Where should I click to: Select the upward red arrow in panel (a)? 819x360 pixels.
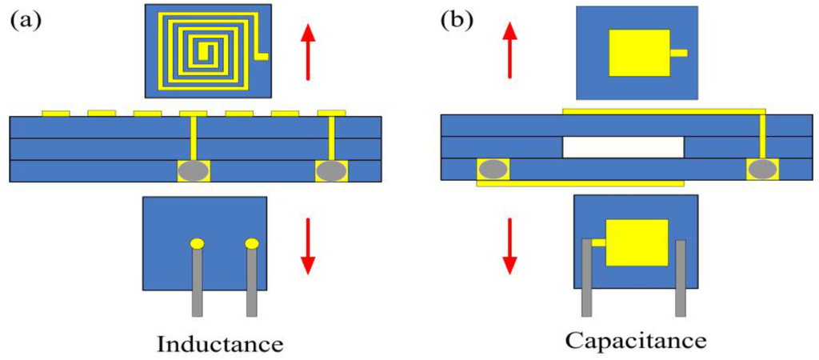click(x=308, y=52)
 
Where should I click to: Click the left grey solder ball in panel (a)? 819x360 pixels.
click(x=194, y=170)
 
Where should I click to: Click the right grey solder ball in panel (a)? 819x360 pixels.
click(x=332, y=170)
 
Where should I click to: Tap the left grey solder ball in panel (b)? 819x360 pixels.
click(x=493, y=169)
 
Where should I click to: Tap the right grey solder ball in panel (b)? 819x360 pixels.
click(x=762, y=169)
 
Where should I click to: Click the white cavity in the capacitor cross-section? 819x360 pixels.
click(x=623, y=147)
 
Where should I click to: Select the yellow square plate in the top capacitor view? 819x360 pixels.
click(x=640, y=54)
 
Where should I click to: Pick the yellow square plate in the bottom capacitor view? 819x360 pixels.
click(x=637, y=241)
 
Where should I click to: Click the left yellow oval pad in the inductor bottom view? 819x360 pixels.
click(x=197, y=242)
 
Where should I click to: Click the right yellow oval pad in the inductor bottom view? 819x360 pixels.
click(x=252, y=242)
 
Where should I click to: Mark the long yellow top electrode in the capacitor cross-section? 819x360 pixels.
click(x=664, y=110)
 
